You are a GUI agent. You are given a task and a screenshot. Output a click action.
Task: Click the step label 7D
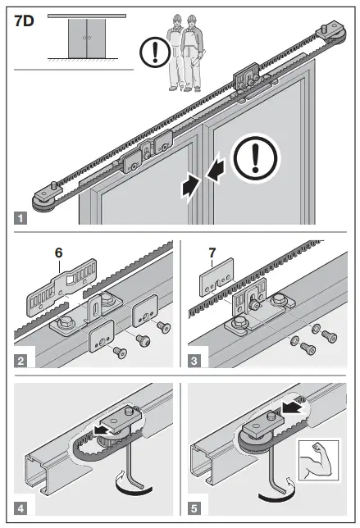coord(24,20)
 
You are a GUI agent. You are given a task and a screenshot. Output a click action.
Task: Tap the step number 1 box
coord(21,218)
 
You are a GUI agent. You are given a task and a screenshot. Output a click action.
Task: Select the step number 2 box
coord(21,361)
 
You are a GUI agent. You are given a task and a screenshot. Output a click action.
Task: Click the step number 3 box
coord(194,361)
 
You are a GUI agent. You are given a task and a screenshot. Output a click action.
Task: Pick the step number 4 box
coord(21,508)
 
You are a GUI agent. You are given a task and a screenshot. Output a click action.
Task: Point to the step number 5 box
coord(194,508)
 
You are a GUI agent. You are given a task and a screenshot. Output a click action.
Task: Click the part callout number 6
coord(58,253)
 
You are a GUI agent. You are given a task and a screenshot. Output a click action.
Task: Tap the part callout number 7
coord(212,253)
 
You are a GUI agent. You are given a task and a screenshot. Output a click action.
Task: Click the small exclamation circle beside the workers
coord(155,52)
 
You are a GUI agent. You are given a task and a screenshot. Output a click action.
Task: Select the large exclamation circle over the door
coord(255,158)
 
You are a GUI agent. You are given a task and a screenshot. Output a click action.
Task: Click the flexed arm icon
coord(318,460)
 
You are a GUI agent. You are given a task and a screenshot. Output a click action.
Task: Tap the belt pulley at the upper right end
coord(332,34)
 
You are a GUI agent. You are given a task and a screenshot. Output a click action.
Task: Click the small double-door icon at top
coord(87,38)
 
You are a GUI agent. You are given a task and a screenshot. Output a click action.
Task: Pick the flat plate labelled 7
coord(216,277)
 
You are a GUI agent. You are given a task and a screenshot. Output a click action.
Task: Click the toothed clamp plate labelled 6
coord(62,289)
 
